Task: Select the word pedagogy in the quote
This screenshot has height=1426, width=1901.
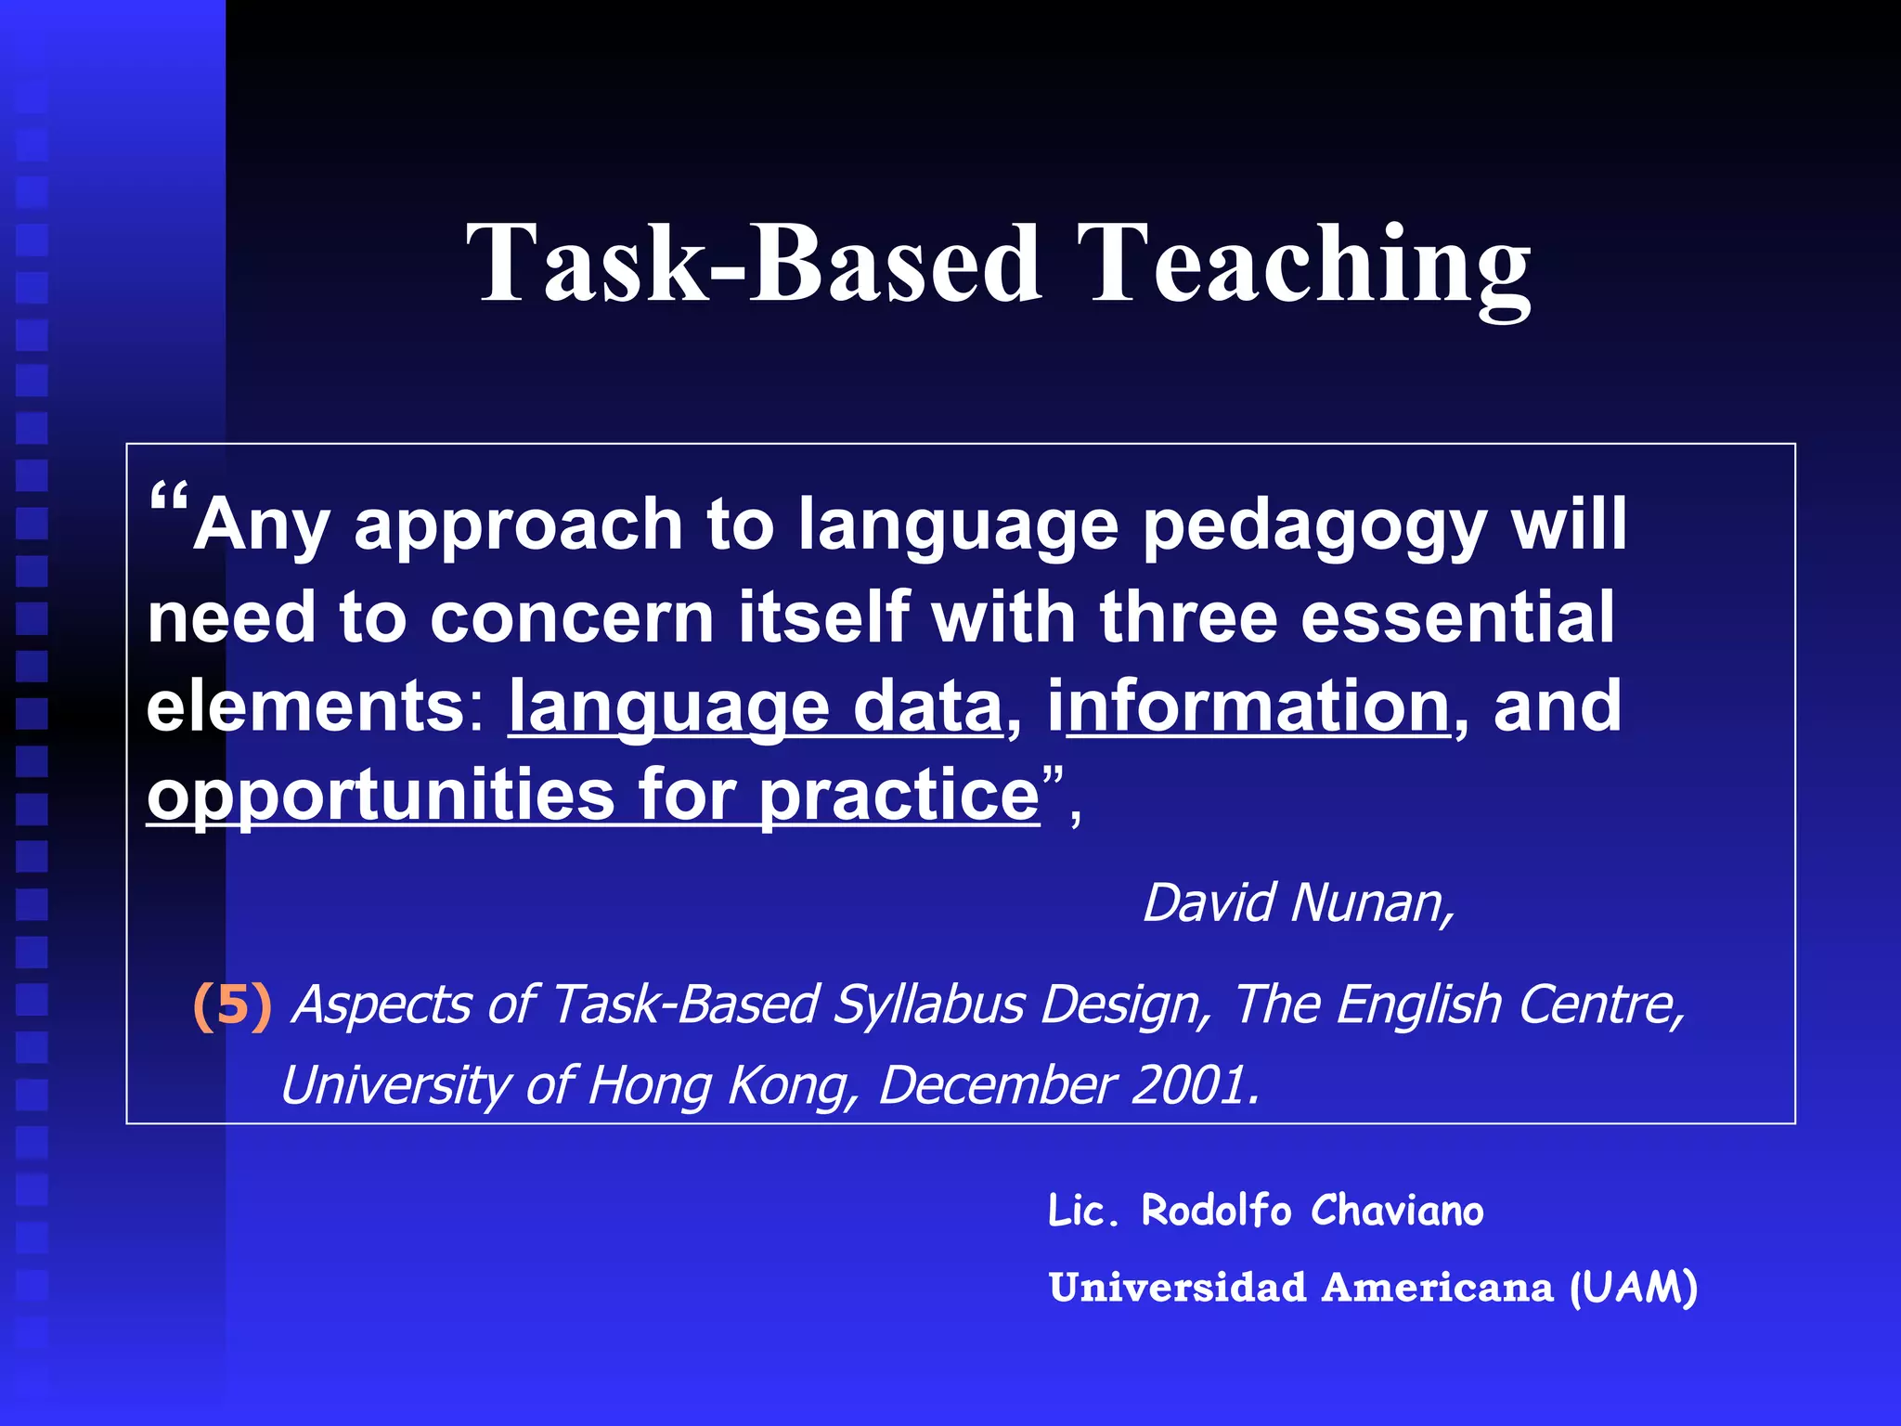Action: (1314, 527)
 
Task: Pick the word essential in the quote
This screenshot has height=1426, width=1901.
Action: (1457, 616)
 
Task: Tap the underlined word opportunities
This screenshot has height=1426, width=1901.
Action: (381, 797)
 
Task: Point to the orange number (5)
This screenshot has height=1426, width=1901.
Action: (232, 1005)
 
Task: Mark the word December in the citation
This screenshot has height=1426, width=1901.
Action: (997, 1085)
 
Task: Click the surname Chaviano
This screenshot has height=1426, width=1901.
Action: (1397, 1211)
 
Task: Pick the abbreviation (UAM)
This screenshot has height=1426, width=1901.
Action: (1633, 1289)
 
